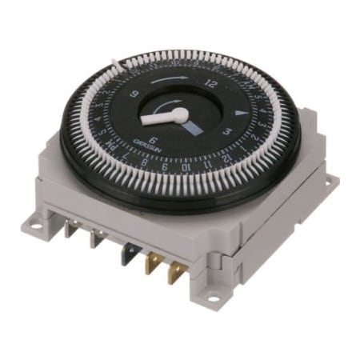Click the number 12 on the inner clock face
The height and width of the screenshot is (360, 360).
point(212,82)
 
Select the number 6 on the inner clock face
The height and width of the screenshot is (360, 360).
point(153,138)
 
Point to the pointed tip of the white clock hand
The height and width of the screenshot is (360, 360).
point(143,121)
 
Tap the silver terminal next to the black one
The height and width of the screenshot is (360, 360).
point(99,241)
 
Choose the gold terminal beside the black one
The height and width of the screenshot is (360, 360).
point(150,262)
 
